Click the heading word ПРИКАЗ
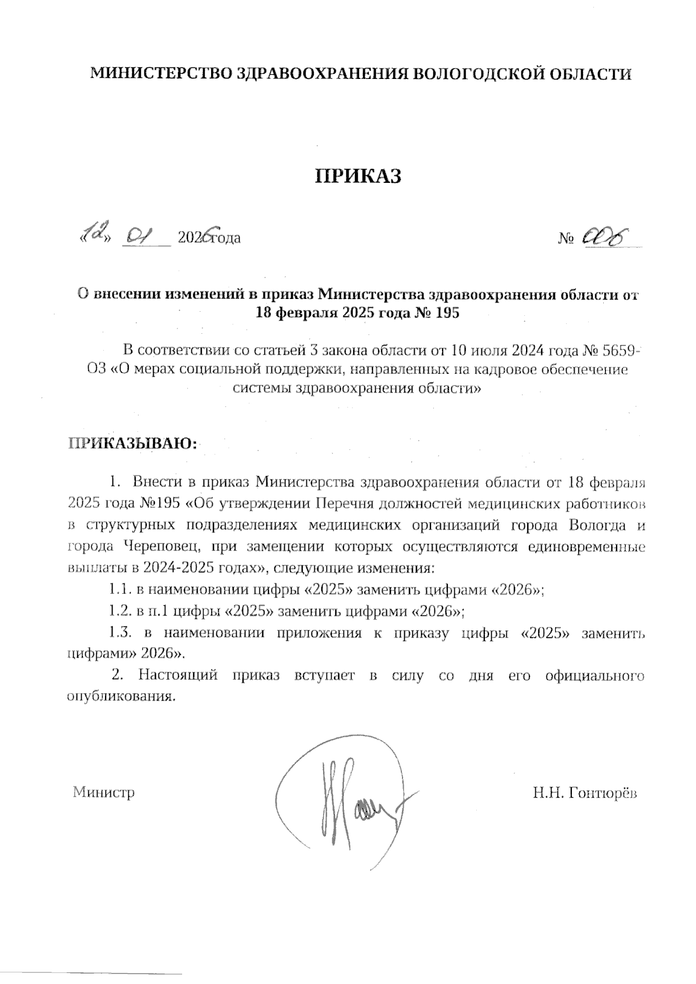358,176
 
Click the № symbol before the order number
565,239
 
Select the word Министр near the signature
104,792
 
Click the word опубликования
121,696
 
